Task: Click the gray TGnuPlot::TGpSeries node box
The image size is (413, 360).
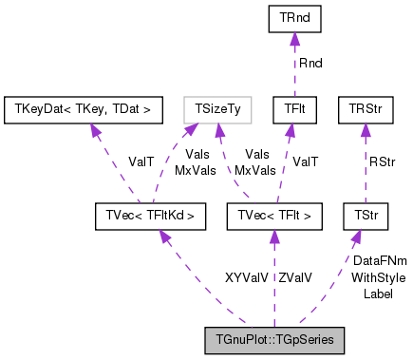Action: point(273,340)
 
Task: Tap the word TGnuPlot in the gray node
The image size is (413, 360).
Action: point(239,340)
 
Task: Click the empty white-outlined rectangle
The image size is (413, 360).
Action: point(217,110)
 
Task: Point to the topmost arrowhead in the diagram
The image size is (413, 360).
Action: point(294,38)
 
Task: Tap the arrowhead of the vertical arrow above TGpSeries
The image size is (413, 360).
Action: point(273,236)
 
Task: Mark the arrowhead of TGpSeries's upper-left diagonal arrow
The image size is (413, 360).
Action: point(163,235)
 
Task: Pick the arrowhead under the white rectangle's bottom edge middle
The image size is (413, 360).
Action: point(218,130)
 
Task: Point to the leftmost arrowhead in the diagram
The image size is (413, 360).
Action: point(95,129)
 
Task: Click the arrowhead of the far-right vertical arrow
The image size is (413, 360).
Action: point(365,130)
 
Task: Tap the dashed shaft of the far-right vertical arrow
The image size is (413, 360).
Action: point(365,171)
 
